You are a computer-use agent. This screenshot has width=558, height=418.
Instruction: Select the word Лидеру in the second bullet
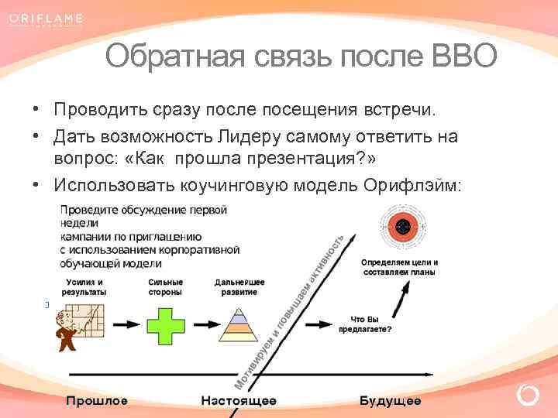tap(241, 136)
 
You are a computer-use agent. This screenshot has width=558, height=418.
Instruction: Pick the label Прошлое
tap(97, 401)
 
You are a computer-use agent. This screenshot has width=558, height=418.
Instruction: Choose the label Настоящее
tap(238, 401)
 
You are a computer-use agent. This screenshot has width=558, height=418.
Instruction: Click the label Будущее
tap(390, 401)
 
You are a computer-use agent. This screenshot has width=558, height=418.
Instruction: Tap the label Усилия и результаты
tap(85, 287)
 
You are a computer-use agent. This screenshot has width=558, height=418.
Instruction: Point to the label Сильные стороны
tap(165, 287)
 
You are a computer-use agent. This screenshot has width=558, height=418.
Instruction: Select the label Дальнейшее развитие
tap(239, 287)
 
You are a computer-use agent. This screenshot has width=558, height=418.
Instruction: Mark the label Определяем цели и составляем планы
tap(399, 267)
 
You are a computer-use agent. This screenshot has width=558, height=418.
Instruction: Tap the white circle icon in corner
tap(528, 396)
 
